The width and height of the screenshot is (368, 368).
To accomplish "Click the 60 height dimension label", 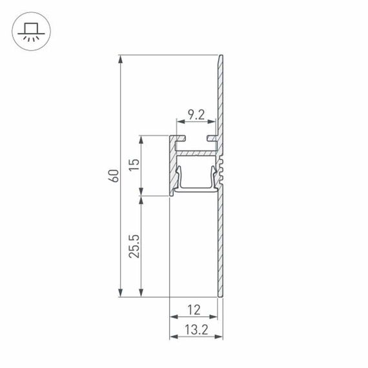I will pyautogui.click(x=114, y=176).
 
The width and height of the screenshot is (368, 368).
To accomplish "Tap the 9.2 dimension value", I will pyautogui.click(x=196, y=116).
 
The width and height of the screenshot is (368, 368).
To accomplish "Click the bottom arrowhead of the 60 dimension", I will pyautogui.click(x=121, y=293).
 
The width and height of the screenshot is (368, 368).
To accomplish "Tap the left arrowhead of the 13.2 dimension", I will pyautogui.click(x=172, y=338).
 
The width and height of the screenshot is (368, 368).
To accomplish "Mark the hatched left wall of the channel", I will pyautogui.click(x=172, y=168).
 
